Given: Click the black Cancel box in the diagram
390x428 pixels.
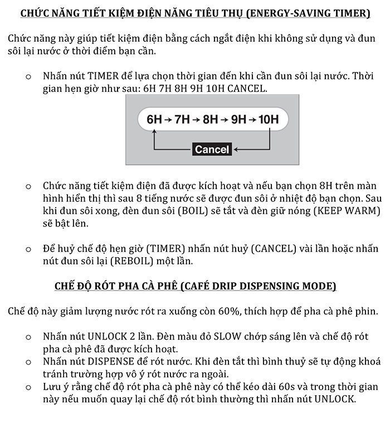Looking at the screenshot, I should [x=212, y=149].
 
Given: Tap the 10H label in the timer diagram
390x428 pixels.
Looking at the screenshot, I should [x=268, y=119].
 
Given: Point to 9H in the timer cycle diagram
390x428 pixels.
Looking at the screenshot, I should [x=238, y=119].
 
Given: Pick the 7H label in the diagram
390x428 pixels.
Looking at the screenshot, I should [x=182, y=119].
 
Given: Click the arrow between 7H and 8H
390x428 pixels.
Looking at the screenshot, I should [x=196, y=119].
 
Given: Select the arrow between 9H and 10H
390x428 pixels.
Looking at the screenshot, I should [x=252, y=119].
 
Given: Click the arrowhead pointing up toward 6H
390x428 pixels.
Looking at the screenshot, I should [x=154, y=132].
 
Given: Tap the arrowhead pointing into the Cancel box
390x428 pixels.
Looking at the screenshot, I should [x=237, y=149].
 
